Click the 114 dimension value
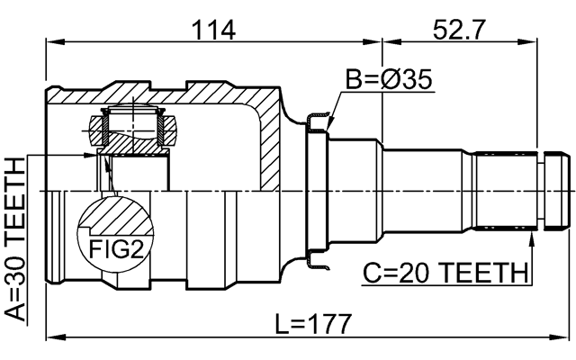point(214,29)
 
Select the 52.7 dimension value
point(459,29)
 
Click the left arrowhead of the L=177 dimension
point(52,339)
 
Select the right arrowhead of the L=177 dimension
point(566,339)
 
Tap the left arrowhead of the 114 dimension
point(52,40)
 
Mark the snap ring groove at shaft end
point(543,190)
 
